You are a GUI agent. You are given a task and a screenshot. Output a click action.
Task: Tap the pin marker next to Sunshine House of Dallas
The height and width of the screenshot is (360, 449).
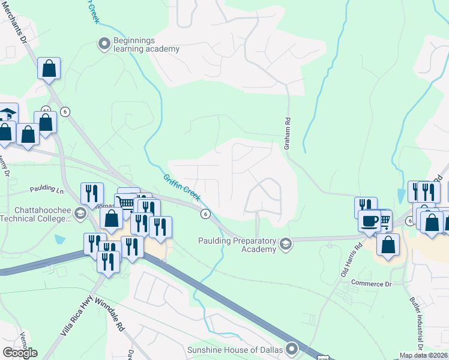pyautogui.click(x=292, y=348)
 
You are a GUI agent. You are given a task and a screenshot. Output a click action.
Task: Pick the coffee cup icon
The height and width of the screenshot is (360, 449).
pyautogui.click(x=369, y=221)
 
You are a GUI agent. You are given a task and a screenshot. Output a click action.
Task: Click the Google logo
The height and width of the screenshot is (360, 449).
pyautogui.click(x=20, y=353)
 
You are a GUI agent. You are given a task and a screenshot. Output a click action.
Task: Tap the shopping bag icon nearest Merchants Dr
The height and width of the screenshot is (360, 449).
pyautogui.click(x=49, y=68)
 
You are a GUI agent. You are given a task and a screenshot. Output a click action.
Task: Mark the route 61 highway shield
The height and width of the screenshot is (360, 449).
pyautogui.click(x=46, y=110)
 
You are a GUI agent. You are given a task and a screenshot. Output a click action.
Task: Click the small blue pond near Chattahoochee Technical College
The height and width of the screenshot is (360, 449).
pyautogui.click(x=59, y=239)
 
